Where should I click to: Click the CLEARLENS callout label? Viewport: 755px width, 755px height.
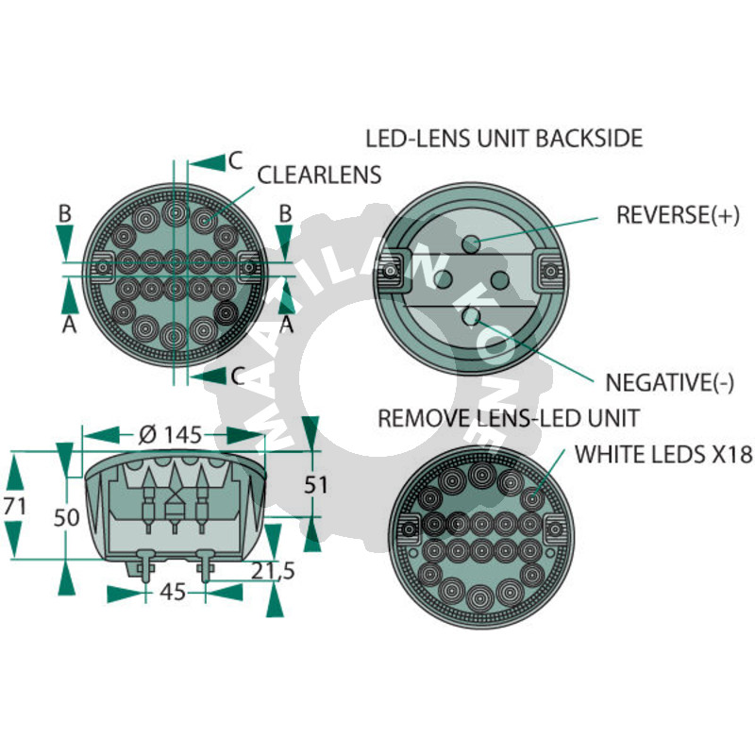pos(319,175)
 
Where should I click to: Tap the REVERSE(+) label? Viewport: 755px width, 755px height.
pos(678,215)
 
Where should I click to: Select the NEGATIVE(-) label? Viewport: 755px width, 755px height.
pos(670,383)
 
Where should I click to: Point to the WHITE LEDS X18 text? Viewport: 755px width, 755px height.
pos(663,454)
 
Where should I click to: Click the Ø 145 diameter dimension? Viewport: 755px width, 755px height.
pos(170,435)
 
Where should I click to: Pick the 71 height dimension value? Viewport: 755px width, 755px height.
pos(14,506)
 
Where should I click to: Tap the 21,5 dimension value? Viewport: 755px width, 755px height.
pos(273,571)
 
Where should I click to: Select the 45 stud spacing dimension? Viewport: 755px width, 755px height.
pos(173,592)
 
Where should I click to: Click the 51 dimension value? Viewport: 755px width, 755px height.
pos(316,485)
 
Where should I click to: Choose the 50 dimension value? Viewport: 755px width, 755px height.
pos(66,517)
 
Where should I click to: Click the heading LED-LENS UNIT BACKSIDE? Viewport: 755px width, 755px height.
pos(504,138)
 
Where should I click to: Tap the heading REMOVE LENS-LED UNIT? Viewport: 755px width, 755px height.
pos(509,418)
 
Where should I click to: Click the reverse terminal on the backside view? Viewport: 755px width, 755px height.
pos(471,243)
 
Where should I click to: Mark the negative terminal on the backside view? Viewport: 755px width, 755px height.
pos(470,316)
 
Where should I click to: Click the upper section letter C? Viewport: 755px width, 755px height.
pos(235,160)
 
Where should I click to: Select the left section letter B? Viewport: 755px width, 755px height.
pos(65,213)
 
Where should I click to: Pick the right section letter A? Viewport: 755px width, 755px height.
pos(287,325)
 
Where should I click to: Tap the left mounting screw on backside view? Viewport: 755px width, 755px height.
pos(391,272)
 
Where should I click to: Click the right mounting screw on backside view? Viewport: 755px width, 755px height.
pos(550,272)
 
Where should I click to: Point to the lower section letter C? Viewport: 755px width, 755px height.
pos(238,376)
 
